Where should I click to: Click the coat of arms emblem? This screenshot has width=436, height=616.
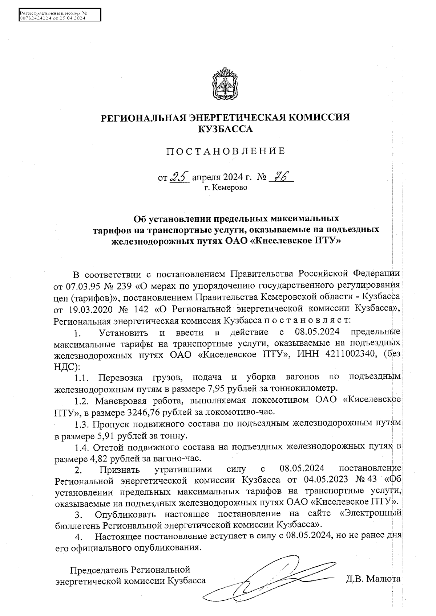tap(225, 84)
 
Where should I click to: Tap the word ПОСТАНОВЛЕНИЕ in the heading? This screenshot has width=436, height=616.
tap(225, 151)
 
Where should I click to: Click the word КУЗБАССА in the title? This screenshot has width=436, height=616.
tap(225, 129)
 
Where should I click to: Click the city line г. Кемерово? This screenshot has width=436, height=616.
tap(226, 188)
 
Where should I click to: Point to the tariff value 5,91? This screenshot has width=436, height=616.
tap(106, 435)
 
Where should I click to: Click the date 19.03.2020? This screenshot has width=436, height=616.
tap(89, 309)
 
